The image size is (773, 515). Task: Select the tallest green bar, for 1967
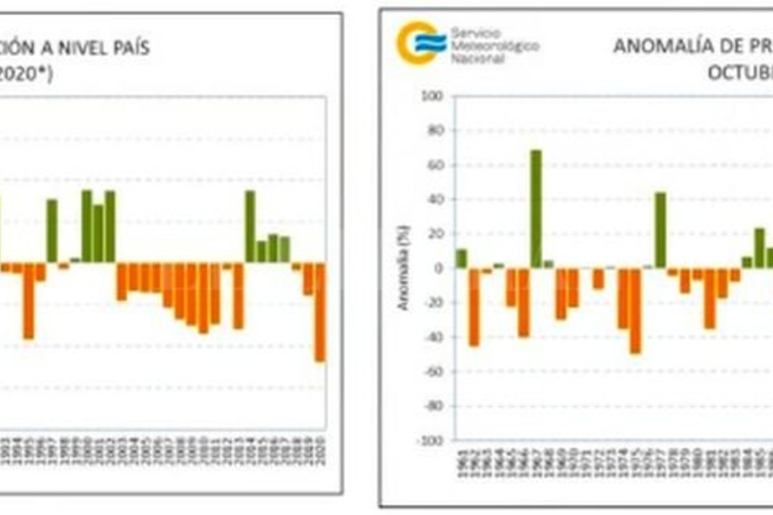(537, 209)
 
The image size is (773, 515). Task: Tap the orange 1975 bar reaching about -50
(635, 311)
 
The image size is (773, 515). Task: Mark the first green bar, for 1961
(462, 258)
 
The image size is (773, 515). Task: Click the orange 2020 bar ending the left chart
(320, 312)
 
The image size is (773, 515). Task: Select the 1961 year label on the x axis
(462, 465)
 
